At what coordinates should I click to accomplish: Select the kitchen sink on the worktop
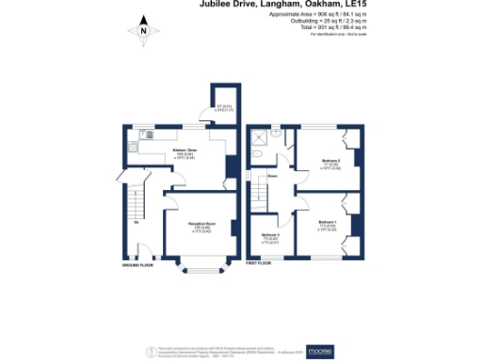coord(137,146)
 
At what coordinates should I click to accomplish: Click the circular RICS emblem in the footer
coord(150,351)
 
